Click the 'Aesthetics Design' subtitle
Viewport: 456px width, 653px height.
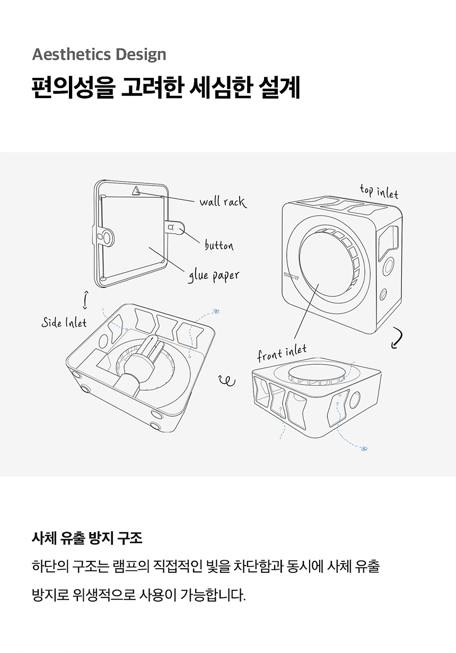point(99,54)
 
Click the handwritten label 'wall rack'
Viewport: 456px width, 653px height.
point(223,201)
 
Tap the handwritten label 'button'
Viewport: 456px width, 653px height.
point(219,245)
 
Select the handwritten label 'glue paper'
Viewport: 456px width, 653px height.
point(213,276)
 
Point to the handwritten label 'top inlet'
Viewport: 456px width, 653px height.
point(379,191)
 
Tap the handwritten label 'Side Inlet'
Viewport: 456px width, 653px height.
point(64,322)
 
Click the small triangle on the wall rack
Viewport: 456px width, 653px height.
point(136,190)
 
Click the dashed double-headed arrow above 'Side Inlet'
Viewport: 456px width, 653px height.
point(85,299)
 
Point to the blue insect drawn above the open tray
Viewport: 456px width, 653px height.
point(216,312)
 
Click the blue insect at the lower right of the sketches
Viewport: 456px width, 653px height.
point(364,449)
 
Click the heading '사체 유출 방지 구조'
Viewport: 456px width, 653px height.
point(87,539)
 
